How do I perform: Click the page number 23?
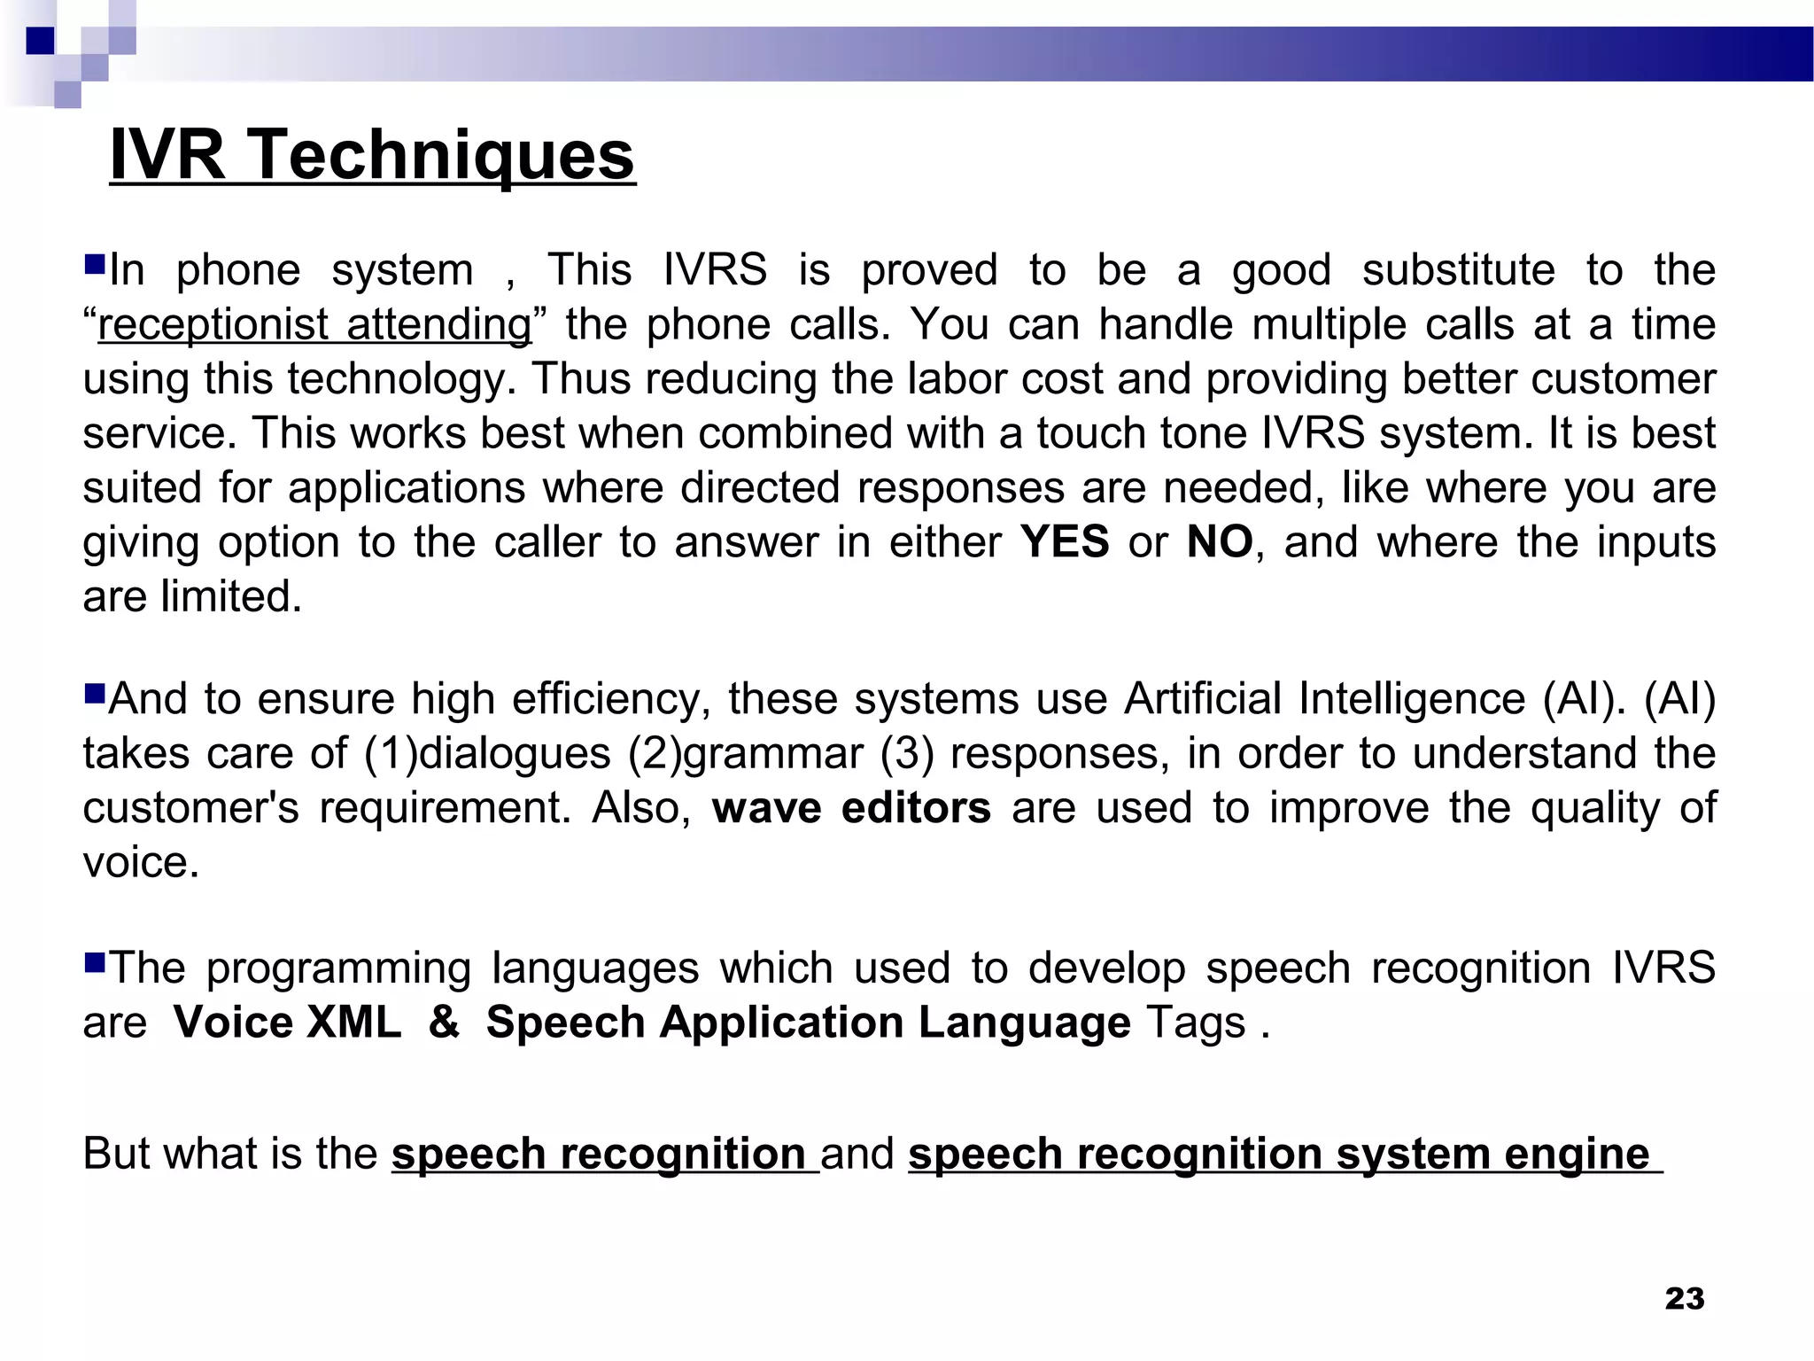1684,1298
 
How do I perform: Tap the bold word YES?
1064,541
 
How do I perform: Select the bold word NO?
1220,541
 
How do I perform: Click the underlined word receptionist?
213,325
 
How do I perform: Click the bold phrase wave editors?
851,808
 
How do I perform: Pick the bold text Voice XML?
287,1023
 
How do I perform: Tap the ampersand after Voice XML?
444,1023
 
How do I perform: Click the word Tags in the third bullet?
1196,1023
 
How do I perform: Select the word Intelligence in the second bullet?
1412,699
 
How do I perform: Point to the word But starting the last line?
116,1155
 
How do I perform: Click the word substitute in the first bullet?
1458,270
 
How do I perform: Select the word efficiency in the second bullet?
611,699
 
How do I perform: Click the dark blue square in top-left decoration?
40,41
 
